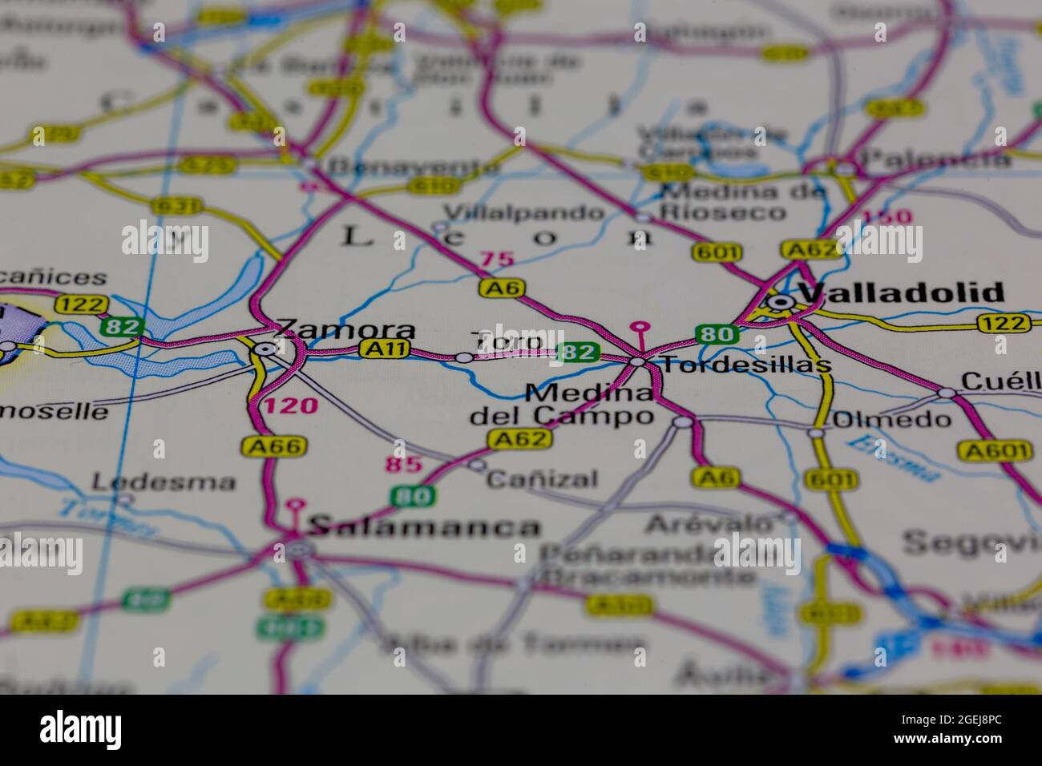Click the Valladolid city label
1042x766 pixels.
(x=902, y=293)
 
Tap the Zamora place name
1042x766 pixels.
(x=345, y=329)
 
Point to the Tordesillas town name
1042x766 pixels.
(x=746, y=365)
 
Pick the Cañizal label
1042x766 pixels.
(x=543, y=479)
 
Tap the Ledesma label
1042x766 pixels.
(x=164, y=482)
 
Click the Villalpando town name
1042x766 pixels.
(x=524, y=213)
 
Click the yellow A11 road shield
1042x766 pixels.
(x=386, y=349)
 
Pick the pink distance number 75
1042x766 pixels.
(x=496, y=260)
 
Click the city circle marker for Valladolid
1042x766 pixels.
(x=779, y=302)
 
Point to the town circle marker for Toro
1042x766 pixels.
(x=464, y=357)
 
